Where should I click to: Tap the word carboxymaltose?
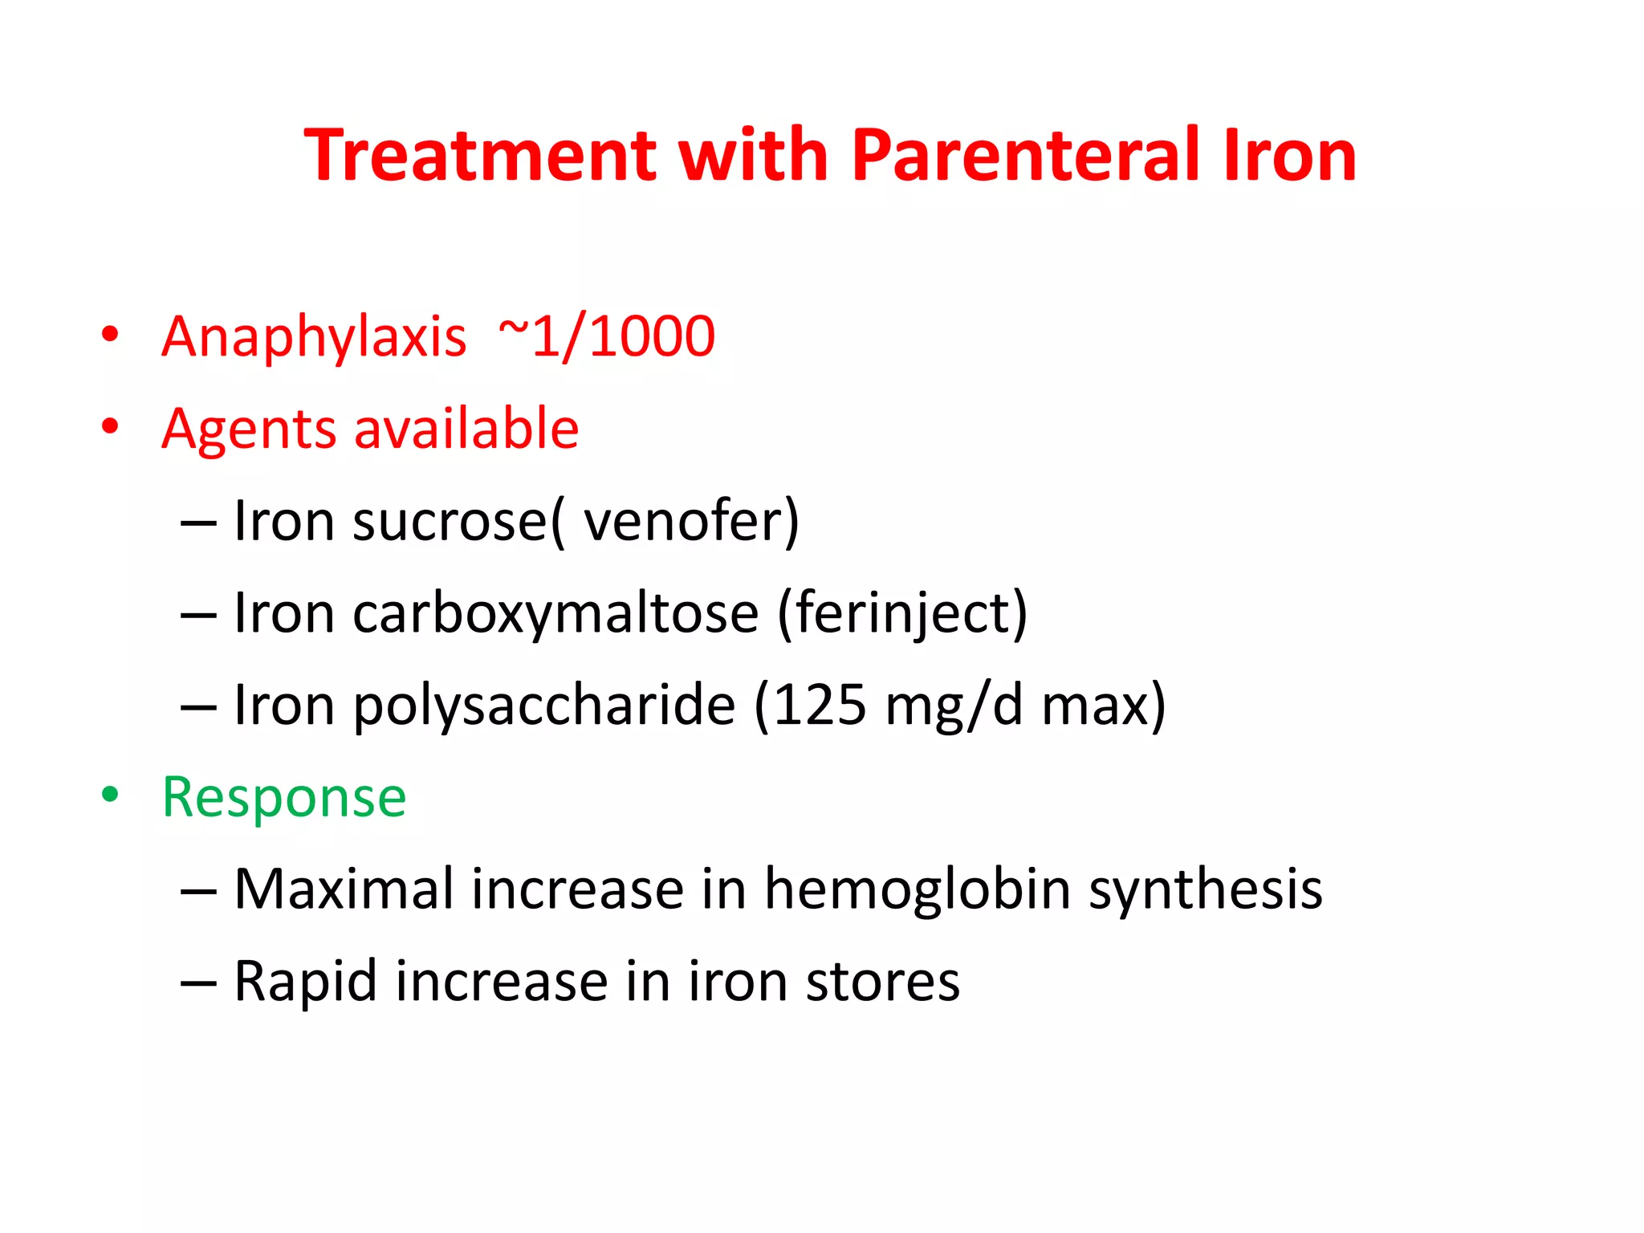click(x=555, y=612)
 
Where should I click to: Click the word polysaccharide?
click(x=543, y=705)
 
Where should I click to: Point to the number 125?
click(x=820, y=705)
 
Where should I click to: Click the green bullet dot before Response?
click(x=110, y=795)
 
